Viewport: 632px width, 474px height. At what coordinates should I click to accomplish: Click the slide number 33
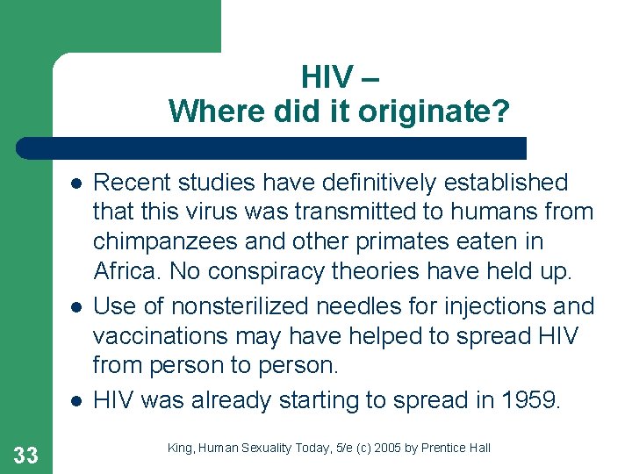[26, 454]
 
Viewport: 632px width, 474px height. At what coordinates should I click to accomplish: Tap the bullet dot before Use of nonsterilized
[77, 307]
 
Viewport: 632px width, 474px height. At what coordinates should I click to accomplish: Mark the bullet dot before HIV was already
[77, 401]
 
